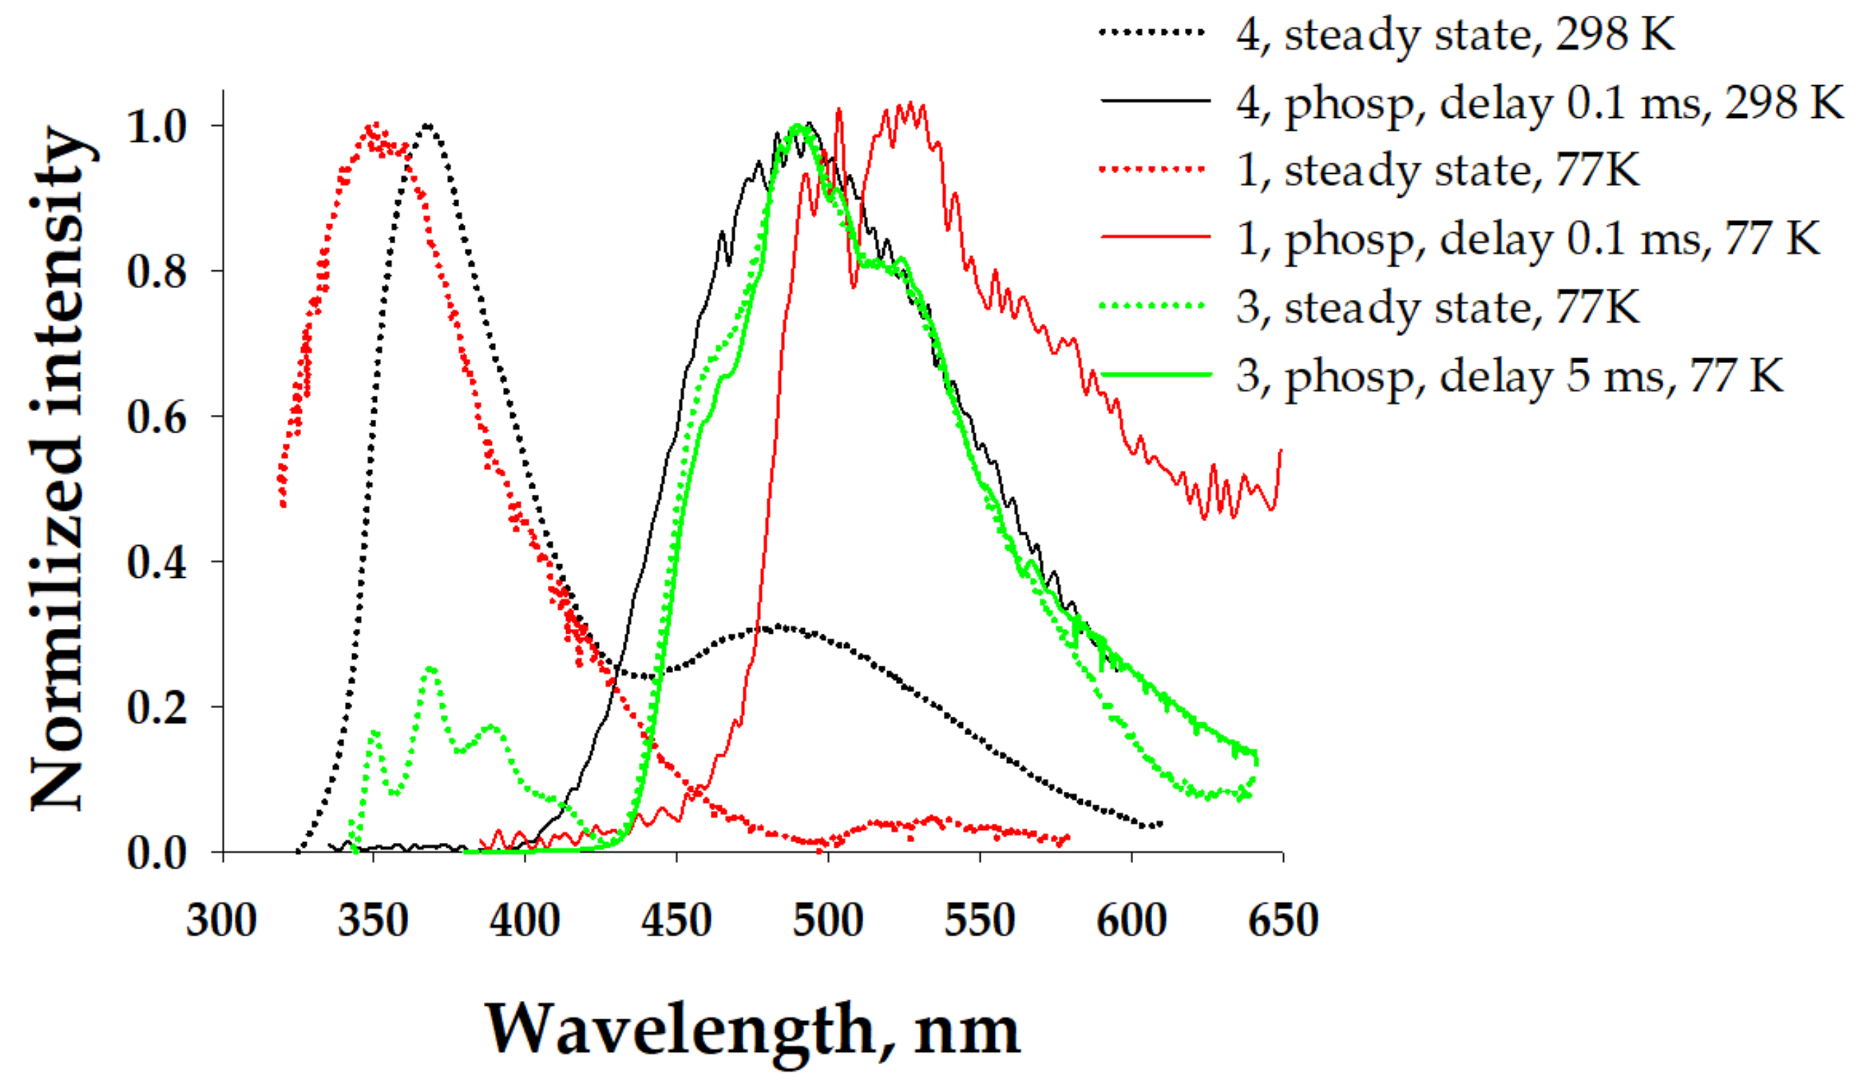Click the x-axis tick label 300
click(x=221, y=921)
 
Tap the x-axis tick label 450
click(x=676, y=921)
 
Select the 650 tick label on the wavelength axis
click(x=1283, y=921)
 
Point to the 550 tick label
click(x=979, y=921)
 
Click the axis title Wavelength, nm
click(x=752, y=1030)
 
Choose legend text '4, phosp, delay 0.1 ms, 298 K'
click(x=1539, y=103)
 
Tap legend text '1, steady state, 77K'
click(x=1437, y=170)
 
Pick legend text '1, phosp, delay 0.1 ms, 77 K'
click(x=1528, y=239)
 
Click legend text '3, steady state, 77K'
click(x=1437, y=307)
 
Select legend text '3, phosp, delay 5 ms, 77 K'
click(x=1510, y=375)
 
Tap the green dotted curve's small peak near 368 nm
click(x=431, y=668)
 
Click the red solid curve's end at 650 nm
click(x=1280, y=450)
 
